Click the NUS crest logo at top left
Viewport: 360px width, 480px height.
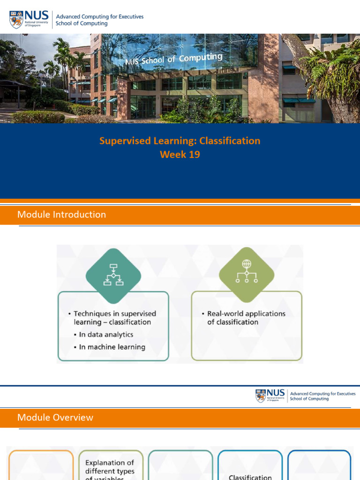[16, 20]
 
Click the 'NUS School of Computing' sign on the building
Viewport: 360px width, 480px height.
[173, 59]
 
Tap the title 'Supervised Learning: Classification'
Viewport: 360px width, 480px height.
[180, 141]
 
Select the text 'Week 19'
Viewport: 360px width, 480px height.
[180, 155]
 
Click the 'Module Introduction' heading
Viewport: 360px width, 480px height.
[61, 215]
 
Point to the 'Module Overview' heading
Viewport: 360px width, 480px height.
[55, 418]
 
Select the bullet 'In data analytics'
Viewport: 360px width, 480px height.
[105, 335]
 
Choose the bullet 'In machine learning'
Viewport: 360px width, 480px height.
[112, 347]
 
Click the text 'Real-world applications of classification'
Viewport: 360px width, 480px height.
[246, 318]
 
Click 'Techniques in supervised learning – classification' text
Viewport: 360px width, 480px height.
[114, 318]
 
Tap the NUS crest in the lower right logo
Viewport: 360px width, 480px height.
[261, 396]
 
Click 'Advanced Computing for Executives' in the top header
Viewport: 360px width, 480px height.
[99, 17]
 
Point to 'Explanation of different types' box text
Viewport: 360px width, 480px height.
[110, 467]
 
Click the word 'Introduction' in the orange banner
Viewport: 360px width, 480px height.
[79, 215]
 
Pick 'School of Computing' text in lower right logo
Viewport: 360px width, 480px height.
[309, 399]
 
